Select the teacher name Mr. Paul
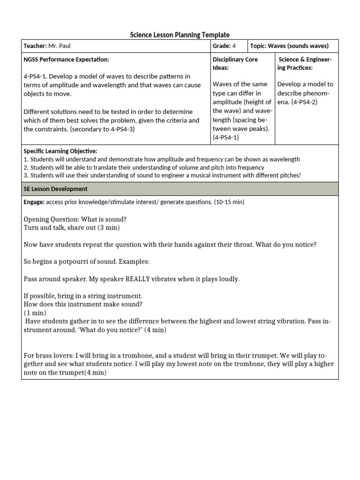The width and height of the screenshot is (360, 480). pyautogui.click(x=62, y=45)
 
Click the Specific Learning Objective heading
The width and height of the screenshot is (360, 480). pyautogui.click(x=60, y=151)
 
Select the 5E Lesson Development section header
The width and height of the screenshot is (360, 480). pyautogui.click(x=55, y=189)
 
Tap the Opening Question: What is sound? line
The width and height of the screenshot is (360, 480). pyautogui.click(x=75, y=219)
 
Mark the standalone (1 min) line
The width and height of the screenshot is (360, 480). pyautogui.click(x=35, y=313)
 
